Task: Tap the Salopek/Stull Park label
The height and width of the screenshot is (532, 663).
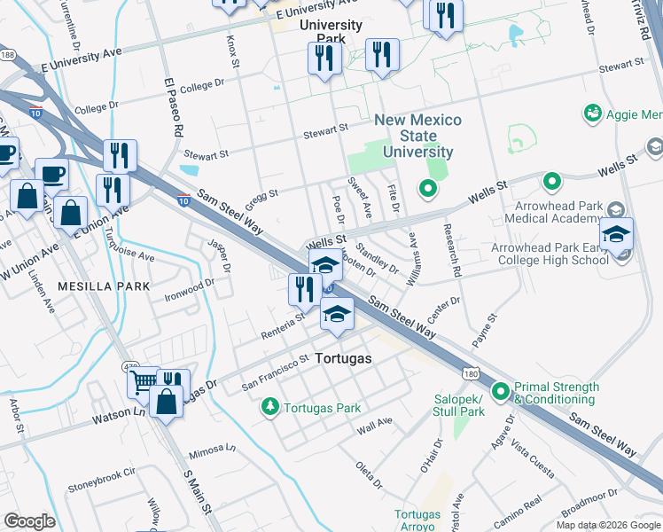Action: (459, 405)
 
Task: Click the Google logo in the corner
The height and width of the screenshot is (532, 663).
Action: (30, 520)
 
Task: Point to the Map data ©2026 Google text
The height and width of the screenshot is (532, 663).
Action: (607, 525)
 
